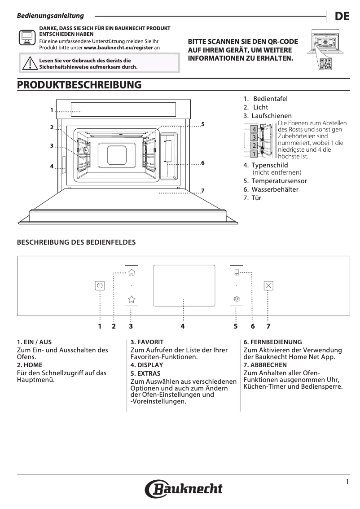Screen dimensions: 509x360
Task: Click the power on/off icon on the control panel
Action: click(100, 285)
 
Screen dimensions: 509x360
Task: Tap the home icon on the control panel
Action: click(132, 272)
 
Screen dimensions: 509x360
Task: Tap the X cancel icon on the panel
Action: click(268, 285)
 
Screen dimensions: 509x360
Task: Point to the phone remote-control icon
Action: click(237, 272)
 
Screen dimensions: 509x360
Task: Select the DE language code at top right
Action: click(342, 17)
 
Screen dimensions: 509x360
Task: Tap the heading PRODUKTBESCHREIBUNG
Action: click(79, 85)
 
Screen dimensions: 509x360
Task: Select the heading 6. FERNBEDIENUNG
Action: click(272, 342)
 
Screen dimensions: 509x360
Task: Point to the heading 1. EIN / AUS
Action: click(34, 342)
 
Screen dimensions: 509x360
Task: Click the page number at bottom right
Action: click(347, 482)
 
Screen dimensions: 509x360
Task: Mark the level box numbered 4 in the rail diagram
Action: click(254, 129)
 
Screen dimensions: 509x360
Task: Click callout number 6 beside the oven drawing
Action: click(203, 162)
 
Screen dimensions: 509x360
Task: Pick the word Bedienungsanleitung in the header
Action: click(50, 16)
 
